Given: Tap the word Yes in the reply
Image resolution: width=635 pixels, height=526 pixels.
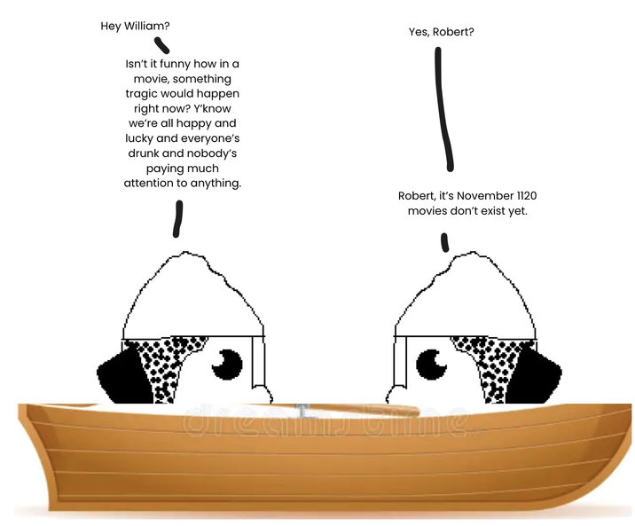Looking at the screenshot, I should (x=419, y=32).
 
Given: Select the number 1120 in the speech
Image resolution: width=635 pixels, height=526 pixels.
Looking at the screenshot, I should (x=525, y=196).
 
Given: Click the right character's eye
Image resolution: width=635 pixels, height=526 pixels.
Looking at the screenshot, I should (x=433, y=363).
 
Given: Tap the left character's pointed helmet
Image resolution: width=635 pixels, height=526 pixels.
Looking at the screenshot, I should (x=190, y=293).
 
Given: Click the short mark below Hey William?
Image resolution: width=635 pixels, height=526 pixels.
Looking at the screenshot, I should (x=161, y=44).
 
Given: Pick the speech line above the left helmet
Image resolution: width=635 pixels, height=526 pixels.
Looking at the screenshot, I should (x=177, y=218).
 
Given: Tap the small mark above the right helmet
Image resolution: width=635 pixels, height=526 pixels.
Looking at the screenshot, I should (x=443, y=241).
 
